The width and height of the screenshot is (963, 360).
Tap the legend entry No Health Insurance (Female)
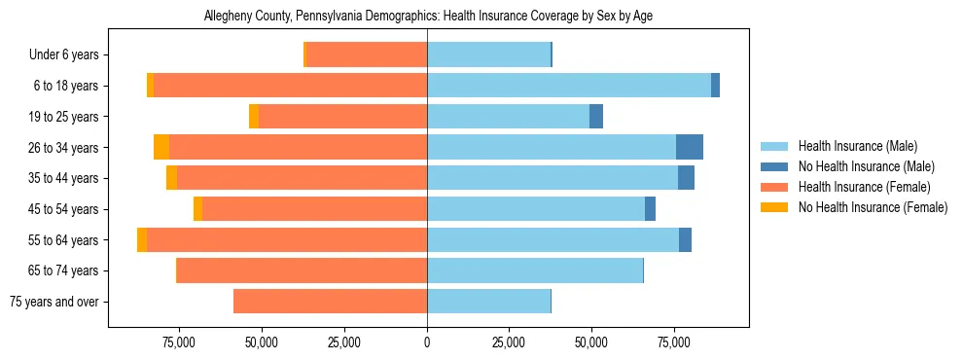tap(873, 207)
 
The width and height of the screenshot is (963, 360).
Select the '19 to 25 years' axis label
tap(61, 117)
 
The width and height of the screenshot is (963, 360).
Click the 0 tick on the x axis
tap(427, 342)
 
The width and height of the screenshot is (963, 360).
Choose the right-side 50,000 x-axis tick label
tap(591, 342)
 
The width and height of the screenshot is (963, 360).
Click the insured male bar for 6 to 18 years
tap(569, 86)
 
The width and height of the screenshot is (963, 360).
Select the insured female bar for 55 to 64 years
tap(287, 239)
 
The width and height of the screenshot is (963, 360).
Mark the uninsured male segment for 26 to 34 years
tap(690, 147)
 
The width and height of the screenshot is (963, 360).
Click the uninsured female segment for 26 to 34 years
tap(161, 147)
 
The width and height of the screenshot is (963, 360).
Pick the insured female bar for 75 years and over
tap(330, 302)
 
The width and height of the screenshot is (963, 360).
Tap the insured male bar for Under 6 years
tap(488, 55)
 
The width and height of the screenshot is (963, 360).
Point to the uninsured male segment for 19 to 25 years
tap(596, 117)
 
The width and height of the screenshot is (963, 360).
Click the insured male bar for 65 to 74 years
tap(535, 270)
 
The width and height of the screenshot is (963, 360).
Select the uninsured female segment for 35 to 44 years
tap(171, 178)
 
